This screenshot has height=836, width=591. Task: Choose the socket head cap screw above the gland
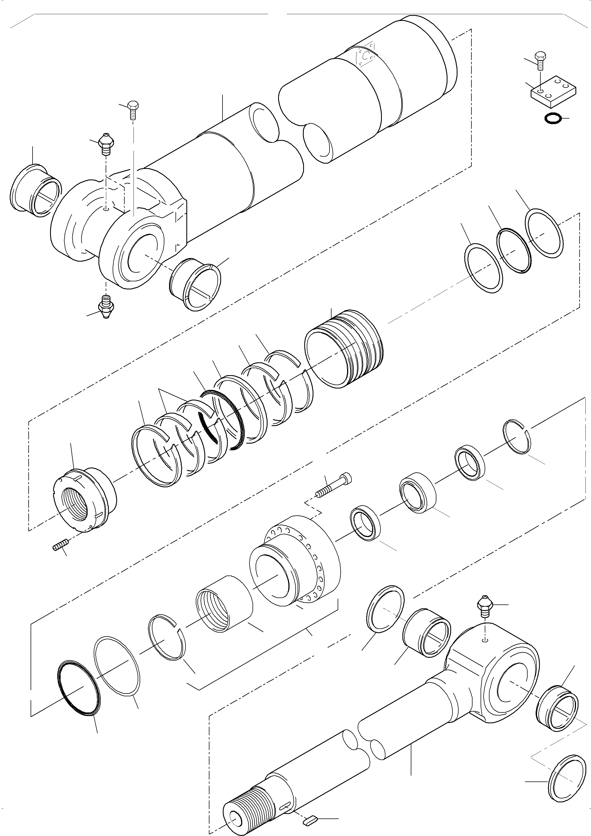pos(333,485)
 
